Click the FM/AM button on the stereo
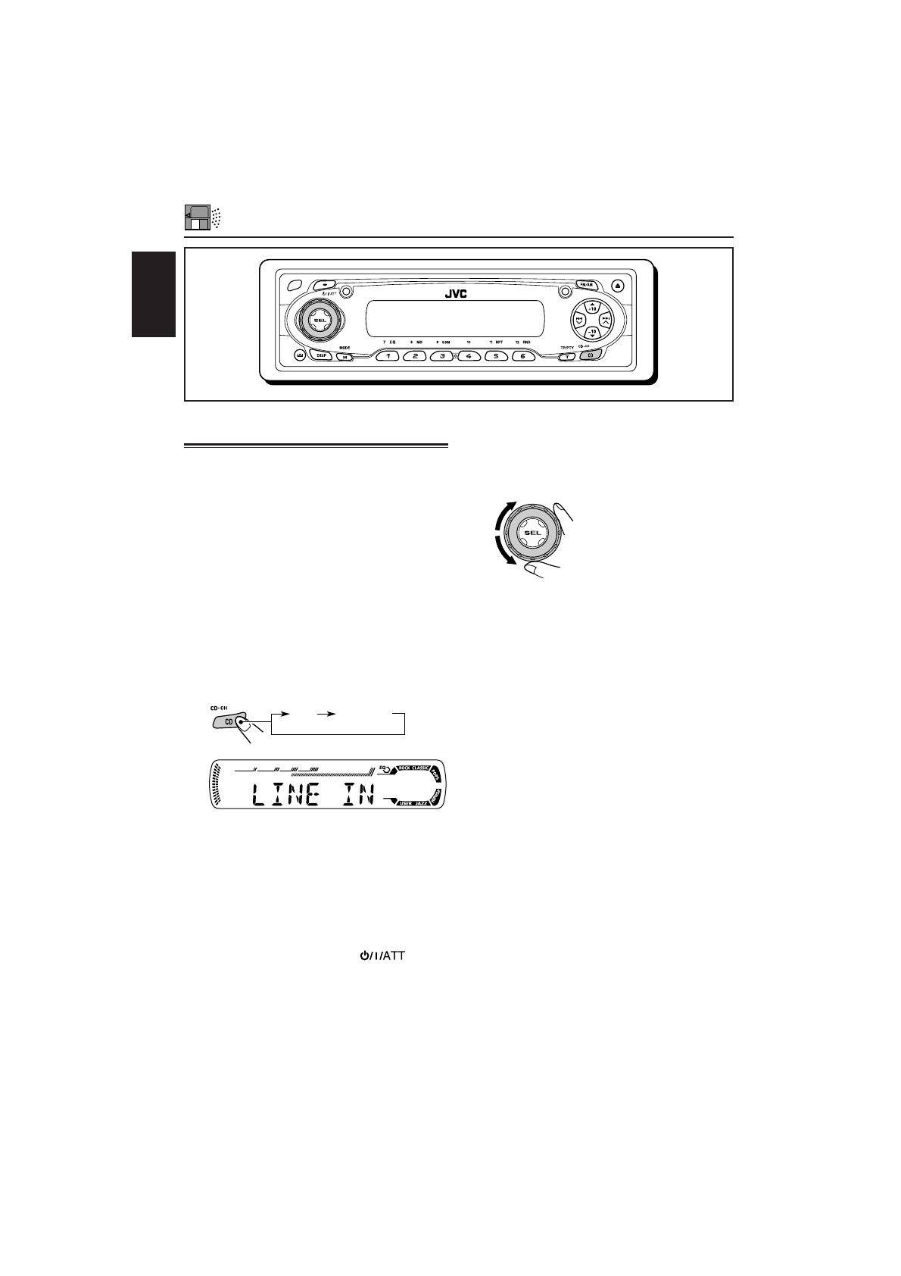point(585,285)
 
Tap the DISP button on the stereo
point(322,355)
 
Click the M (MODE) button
point(344,356)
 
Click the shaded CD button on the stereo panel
point(591,355)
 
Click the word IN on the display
point(359,797)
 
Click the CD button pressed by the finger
point(229,722)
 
